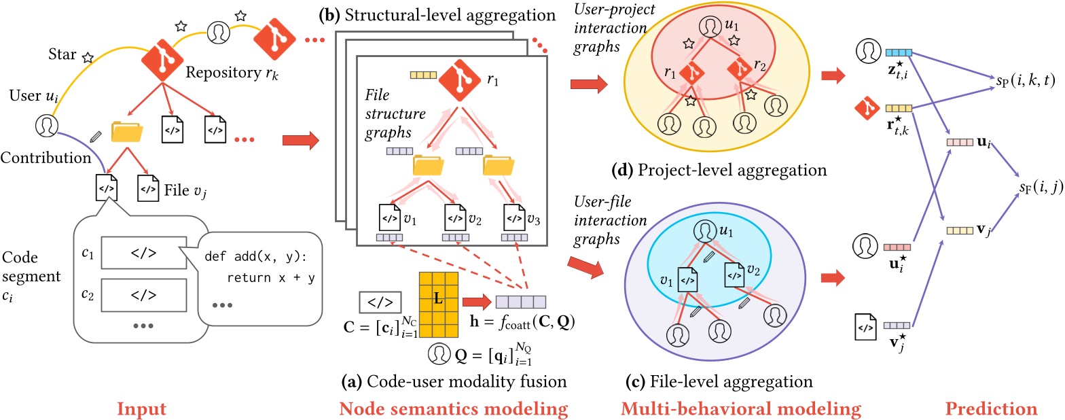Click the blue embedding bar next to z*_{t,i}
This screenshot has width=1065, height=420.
click(x=898, y=52)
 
